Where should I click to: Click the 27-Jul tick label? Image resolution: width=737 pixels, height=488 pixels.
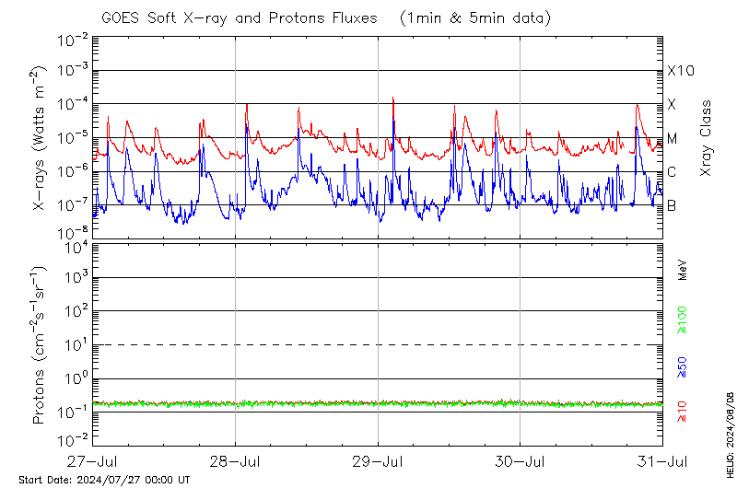pyautogui.click(x=93, y=460)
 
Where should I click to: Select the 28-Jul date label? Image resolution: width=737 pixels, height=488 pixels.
pyautogui.click(x=236, y=460)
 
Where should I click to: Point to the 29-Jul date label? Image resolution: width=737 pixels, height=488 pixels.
pyautogui.click(x=379, y=460)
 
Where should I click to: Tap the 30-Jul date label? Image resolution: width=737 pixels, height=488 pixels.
pyautogui.click(x=521, y=460)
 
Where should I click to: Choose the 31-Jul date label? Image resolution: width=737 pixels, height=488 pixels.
pyautogui.click(x=662, y=460)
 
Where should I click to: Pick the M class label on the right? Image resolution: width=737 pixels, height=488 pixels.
pyautogui.click(x=673, y=138)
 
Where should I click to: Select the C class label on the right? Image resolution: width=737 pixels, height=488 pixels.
pyautogui.click(x=673, y=172)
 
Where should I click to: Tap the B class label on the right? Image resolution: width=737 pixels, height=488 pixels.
pyautogui.click(x=673, y=205)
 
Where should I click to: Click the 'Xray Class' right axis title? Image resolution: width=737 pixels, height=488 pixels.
pyautogui.click(x=706, y=138)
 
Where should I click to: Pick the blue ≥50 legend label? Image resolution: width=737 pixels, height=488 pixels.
pyautogui.click(x=683, y=368)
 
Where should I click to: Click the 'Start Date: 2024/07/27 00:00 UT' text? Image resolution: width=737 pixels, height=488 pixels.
pyautogui.click(x=104, y=480)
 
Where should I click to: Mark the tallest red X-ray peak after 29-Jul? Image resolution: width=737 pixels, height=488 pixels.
pyautogui.click(x=393, y=98)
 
